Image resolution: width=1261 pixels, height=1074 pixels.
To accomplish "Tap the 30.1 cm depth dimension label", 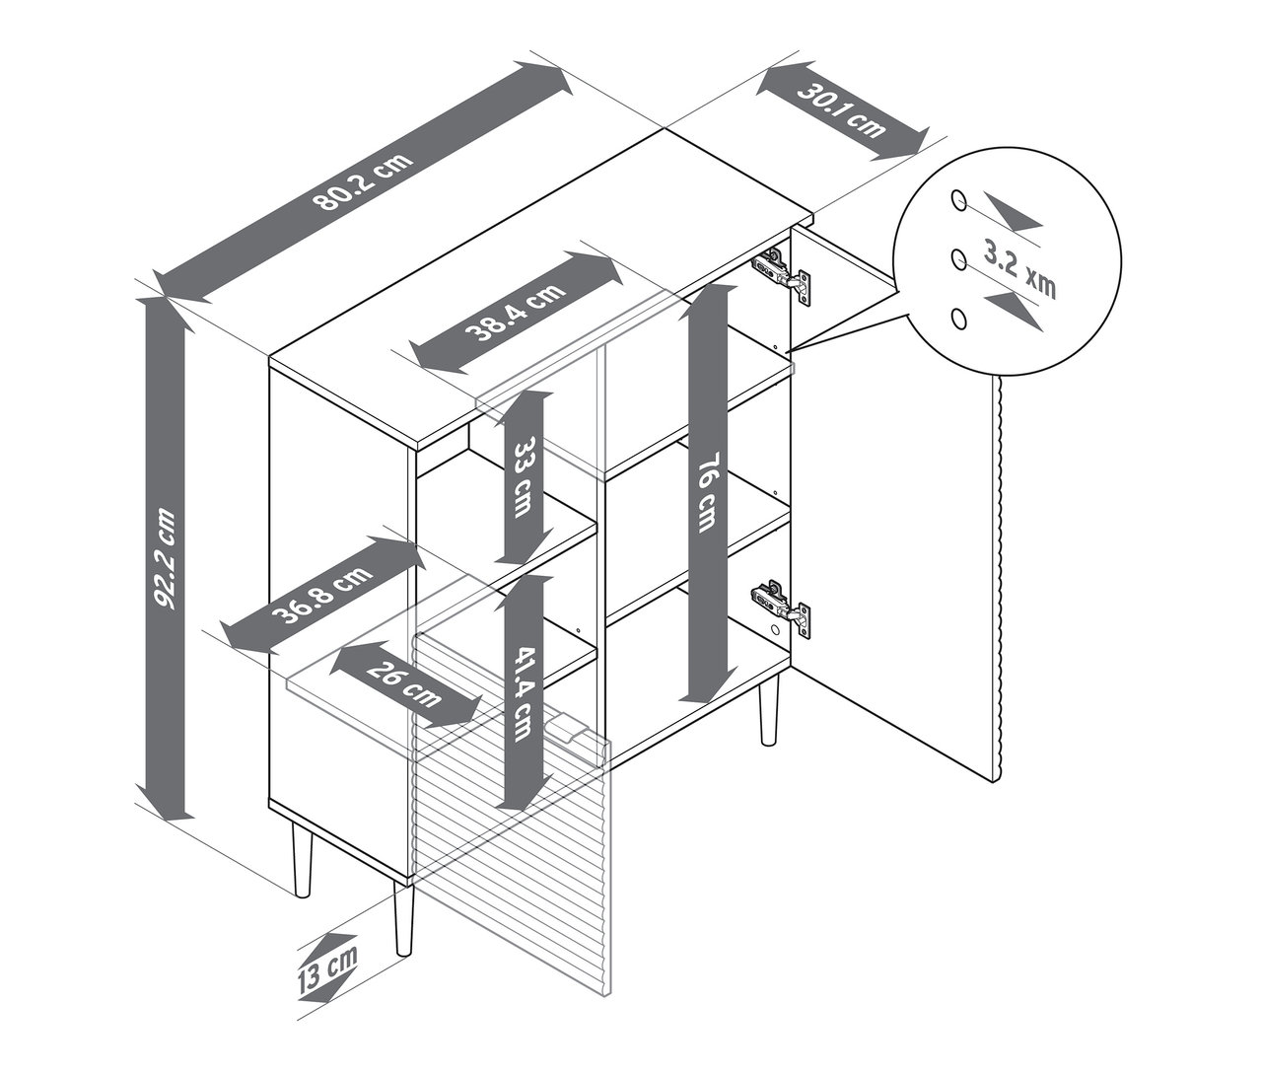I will click(x=841, y=111).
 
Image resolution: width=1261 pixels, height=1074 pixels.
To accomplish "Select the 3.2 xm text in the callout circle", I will click(x=1019, y=268).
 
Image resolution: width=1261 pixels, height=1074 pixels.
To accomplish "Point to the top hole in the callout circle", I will click(x=956, y=200).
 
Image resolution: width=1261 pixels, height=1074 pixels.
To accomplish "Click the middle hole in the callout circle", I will click(x=956, y=258).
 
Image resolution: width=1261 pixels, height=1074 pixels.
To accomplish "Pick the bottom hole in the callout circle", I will click(x=956, y=317).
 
